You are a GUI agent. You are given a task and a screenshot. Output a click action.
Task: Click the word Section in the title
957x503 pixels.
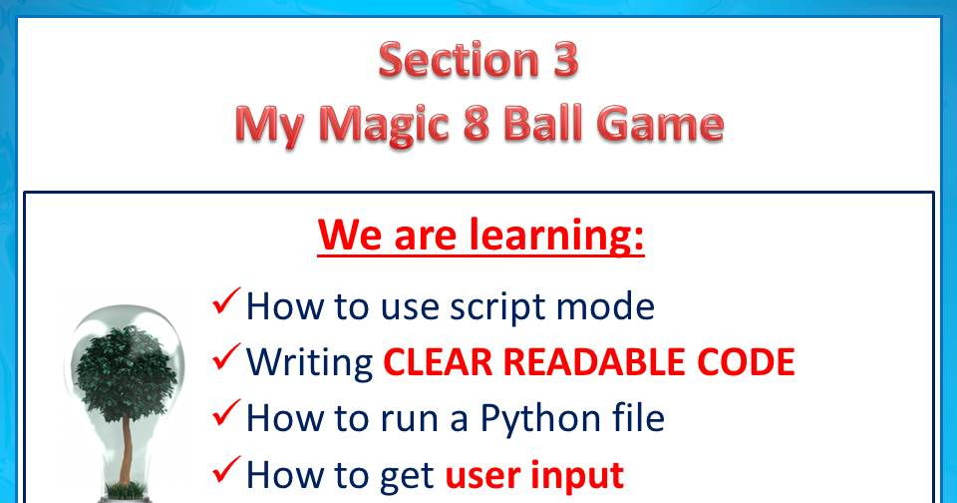459,60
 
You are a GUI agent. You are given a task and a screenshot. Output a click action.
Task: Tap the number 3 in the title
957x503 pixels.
565,60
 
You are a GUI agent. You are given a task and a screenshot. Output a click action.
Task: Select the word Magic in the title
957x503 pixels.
385,126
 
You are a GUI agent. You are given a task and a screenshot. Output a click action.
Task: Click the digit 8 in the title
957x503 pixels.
477,124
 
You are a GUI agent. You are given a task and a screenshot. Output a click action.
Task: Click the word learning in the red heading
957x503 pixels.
556,236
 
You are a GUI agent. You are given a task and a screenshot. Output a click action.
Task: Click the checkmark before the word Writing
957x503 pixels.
226,357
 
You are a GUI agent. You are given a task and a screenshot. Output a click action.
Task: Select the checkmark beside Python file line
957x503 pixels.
226,413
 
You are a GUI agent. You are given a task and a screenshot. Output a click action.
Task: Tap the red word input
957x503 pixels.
577,476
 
